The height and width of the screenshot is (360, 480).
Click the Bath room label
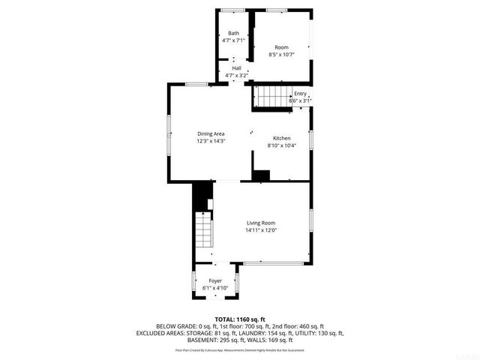tap(234, 33)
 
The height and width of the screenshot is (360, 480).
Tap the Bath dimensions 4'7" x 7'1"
tap(234, 40)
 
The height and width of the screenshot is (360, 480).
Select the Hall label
tap(236, 67)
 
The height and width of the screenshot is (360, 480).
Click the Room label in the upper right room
tap(281, 47)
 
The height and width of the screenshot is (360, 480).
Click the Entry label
tap(300, 93)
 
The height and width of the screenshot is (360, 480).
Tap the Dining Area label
tap(211, 133)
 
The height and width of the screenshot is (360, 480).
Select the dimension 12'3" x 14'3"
tap(211, 141)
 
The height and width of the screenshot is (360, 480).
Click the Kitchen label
tap(282, 138)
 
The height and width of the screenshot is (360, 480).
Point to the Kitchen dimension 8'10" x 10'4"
tap(282, 145)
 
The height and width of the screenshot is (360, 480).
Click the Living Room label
tap(261, 223)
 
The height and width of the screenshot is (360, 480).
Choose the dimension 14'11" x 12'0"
tap(261, 230)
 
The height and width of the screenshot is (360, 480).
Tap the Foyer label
tap(215, 280)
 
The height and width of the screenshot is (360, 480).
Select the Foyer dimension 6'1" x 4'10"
tap(215, 288)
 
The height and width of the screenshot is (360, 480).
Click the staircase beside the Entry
tap(272, 97)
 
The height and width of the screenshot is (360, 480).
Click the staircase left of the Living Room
tap(203, 228)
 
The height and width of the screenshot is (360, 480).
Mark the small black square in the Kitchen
tap(260, 175)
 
